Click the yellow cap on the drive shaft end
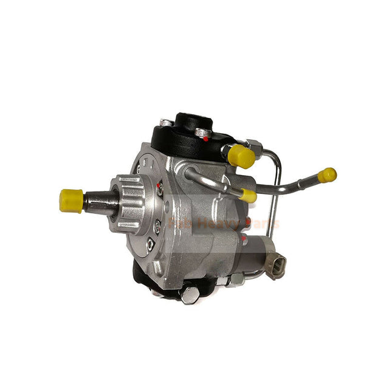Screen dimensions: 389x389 (x=71, y=201)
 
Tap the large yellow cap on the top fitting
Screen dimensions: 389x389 (x=242, y=156)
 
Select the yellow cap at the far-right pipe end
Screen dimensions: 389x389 (x=327, y=175)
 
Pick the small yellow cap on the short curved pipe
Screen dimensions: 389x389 (x=249, y=196)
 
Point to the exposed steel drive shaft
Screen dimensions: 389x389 (x=97, y=199)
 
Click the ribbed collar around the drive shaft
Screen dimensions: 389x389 (x=130, y=201)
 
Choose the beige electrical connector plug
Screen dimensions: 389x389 (x=275, y=267)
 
